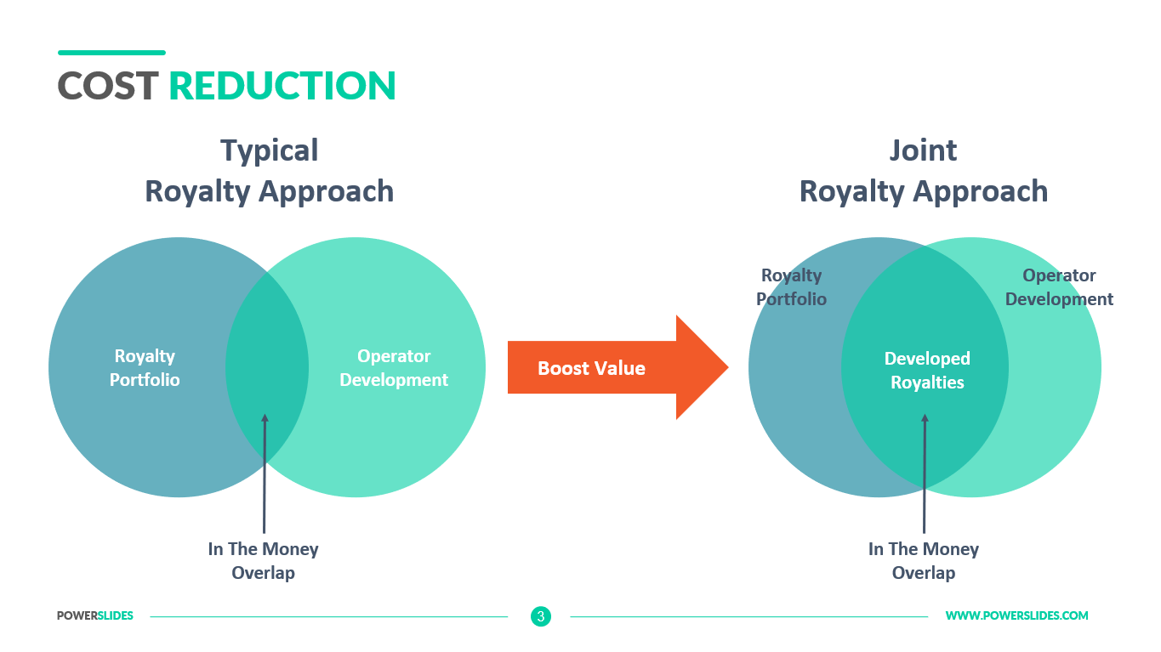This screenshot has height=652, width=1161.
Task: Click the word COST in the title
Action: coord(108,86)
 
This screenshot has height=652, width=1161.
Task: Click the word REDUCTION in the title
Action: coord(282,86)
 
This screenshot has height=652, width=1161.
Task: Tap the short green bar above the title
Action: coord(111,53)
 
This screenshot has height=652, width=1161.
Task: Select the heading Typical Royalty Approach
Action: coord(269,171)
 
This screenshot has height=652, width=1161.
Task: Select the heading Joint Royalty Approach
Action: coord(923,171)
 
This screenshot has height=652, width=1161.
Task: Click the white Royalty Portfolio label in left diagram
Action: coord(145,368)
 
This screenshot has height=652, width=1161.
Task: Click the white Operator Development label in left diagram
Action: coord(394,368)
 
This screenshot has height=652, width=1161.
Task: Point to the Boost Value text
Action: coord(591,368)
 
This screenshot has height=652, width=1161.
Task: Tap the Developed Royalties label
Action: coord(927,371)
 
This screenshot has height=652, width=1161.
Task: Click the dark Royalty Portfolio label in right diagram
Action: coord(791,287)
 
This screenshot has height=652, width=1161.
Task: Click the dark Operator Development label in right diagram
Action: coord(1059,287)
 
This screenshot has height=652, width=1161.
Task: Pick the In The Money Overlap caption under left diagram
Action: coord(264,561)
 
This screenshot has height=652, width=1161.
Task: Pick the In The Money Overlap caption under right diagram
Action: coord(924,561)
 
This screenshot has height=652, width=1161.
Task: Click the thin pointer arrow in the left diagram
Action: coord(265,476)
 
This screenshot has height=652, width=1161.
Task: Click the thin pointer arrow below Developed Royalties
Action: coord(925,476)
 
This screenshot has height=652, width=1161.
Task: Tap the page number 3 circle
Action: coord(541,616)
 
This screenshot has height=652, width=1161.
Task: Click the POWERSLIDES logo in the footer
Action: coord(95,616)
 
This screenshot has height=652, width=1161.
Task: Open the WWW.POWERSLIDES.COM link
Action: coord(1016,616)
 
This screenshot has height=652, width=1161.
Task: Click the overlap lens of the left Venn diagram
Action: coord(267,357)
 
